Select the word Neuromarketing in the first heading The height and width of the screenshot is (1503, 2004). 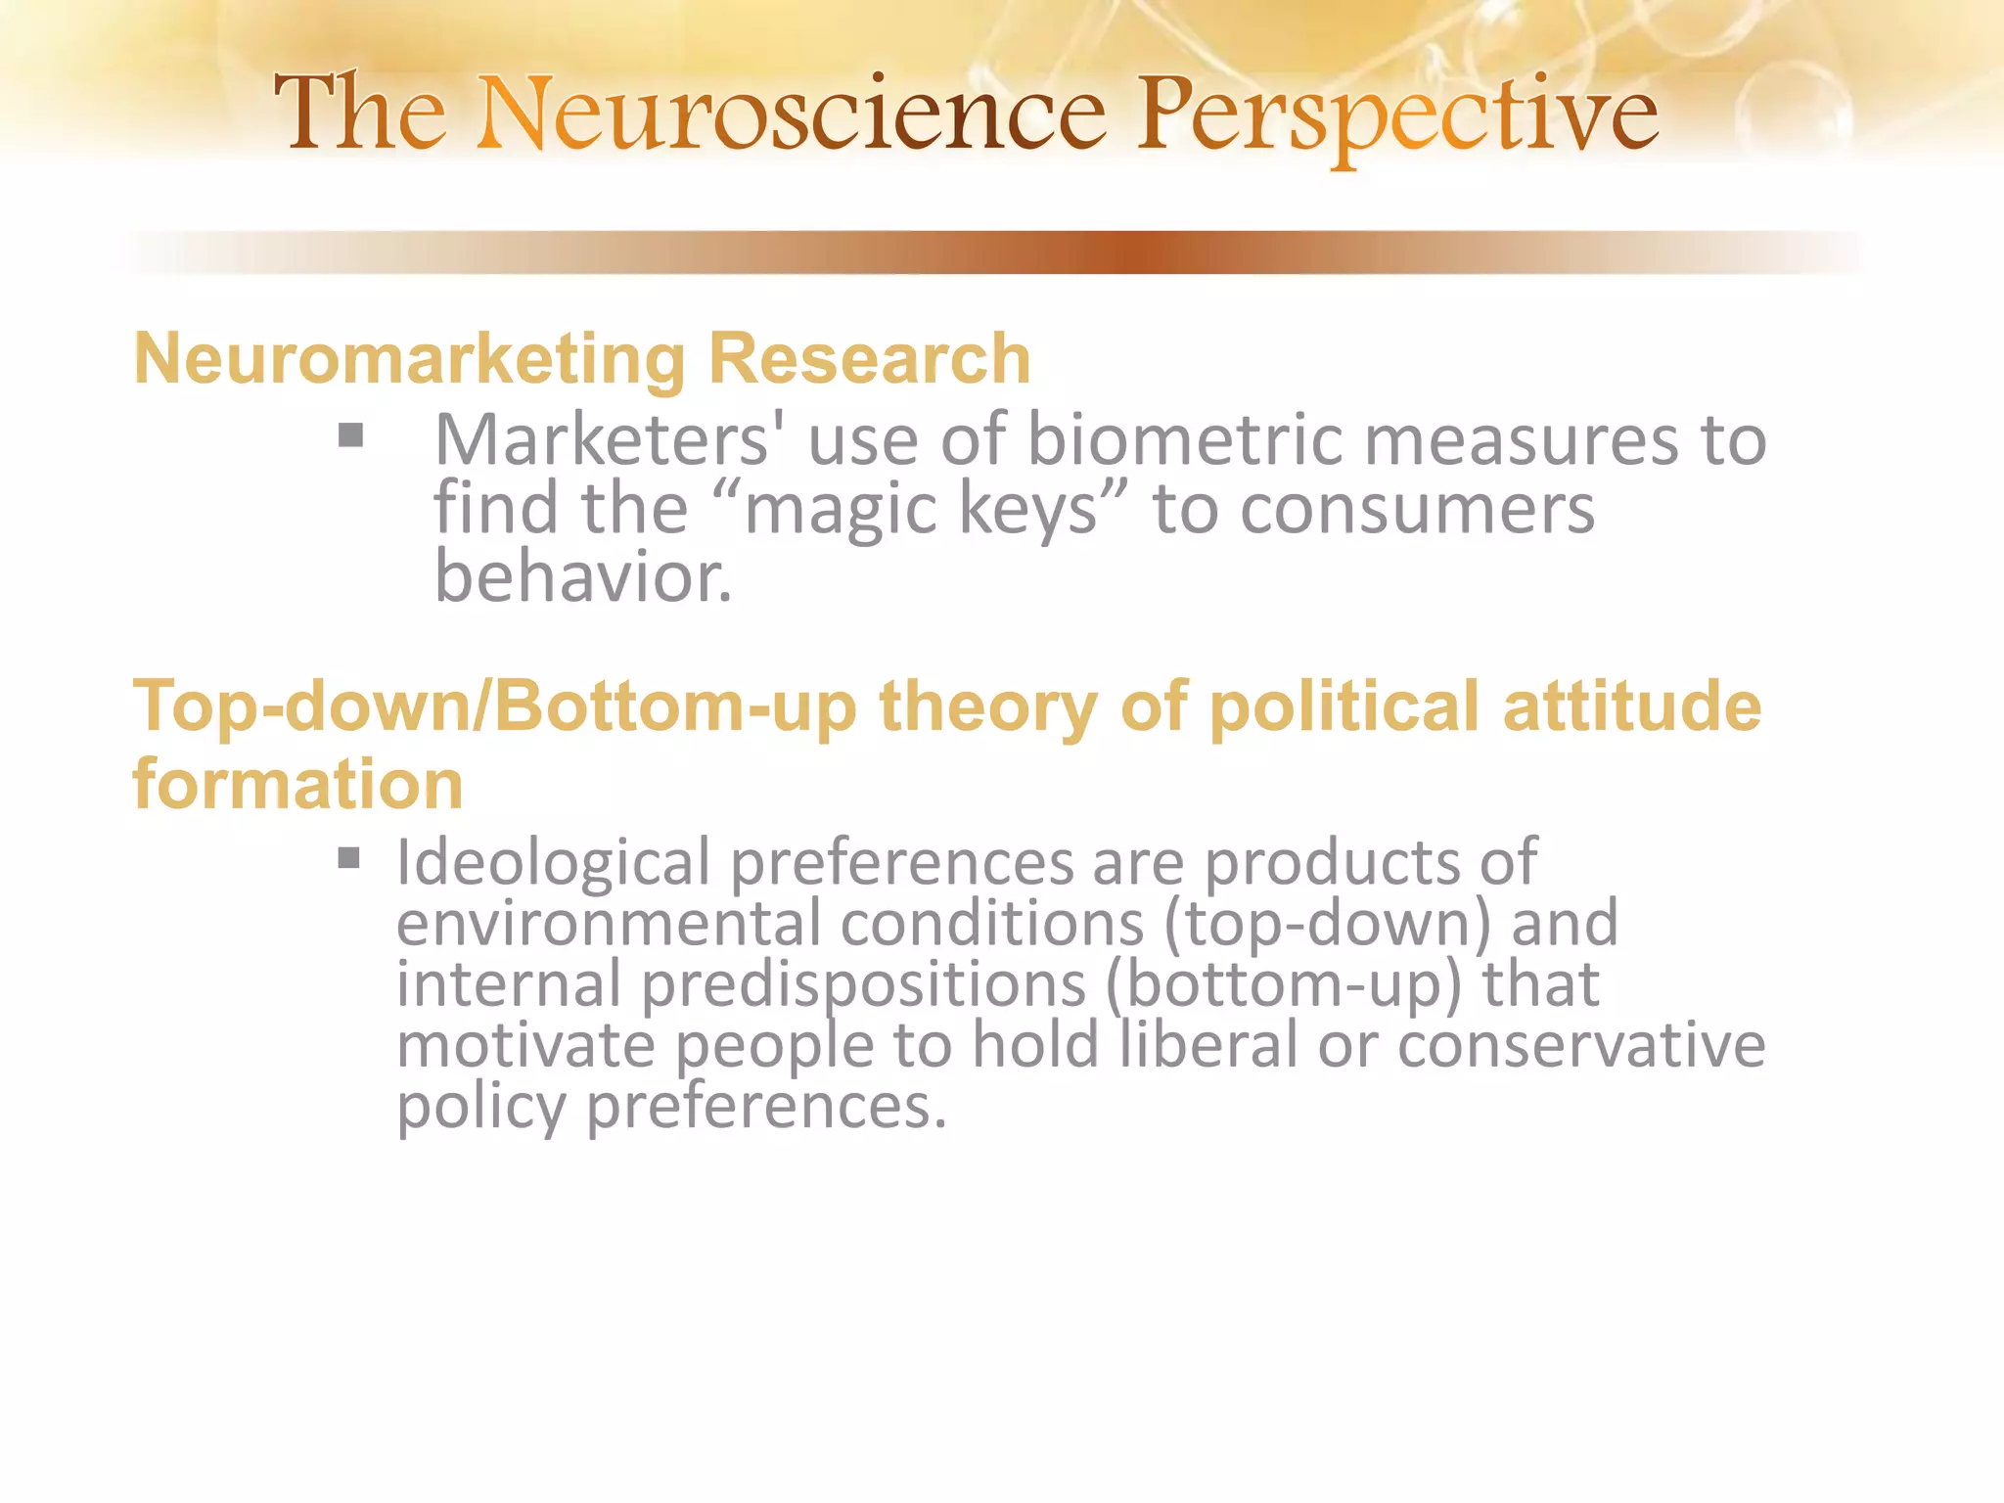(409, 360)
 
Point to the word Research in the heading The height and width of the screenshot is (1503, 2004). (869, 358)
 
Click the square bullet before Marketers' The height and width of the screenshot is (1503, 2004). (350, 435)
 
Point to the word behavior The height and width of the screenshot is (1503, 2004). (581, 577)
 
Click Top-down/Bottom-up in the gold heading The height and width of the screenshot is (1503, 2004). (494, 706)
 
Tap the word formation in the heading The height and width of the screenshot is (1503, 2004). (297, 785)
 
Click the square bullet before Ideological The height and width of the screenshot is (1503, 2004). (349, 859)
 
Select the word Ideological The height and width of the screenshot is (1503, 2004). (553, 863)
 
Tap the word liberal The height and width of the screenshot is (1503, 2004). (1207, 1045)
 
